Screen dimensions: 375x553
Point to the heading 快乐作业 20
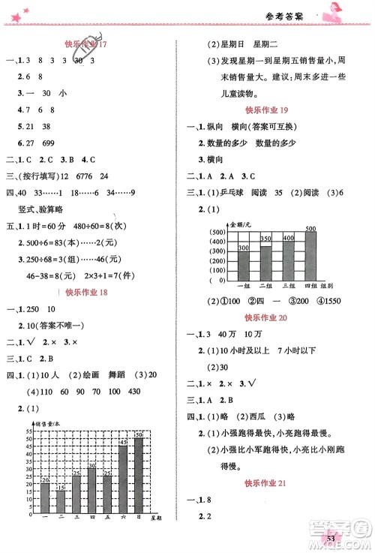(274, 318)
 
